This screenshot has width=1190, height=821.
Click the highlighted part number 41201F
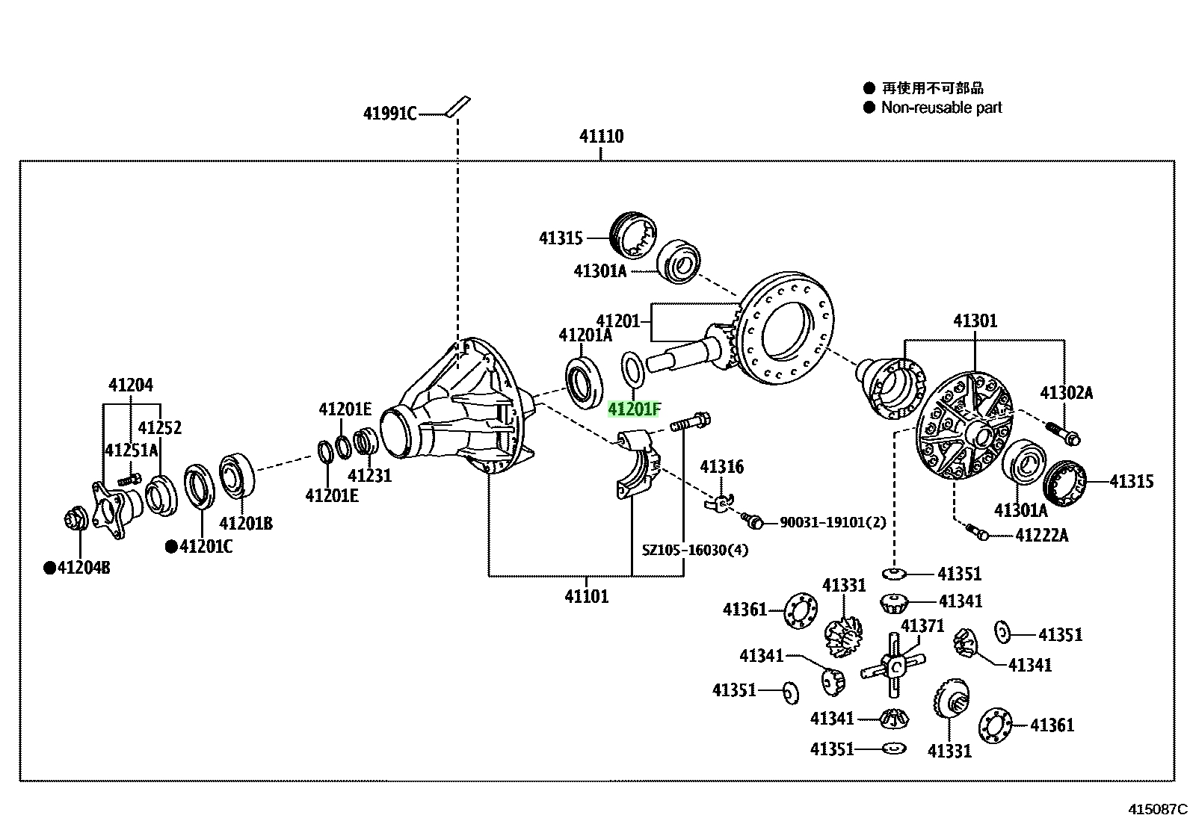[634, 409]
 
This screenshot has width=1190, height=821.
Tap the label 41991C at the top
[389, 114]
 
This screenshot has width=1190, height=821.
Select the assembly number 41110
[602, 137]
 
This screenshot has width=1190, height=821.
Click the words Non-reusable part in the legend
[941, 108]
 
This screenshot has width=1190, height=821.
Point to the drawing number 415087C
[1158, 809]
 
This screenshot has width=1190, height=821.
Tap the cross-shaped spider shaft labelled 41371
[893, 666]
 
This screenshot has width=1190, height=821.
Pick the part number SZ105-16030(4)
[695, 550]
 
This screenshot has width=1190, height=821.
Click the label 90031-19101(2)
[833, 522]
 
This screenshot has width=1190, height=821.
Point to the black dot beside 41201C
[171, 546]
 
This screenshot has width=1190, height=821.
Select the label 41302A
[1066, 393]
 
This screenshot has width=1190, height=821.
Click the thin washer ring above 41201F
[633, 369]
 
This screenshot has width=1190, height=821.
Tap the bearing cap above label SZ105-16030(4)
[638, 464]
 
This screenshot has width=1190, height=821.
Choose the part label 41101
[587, 596]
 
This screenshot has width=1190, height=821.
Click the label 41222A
[1042, 535]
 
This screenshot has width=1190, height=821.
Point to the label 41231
[370, 475]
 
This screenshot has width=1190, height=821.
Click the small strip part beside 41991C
[458, 107]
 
